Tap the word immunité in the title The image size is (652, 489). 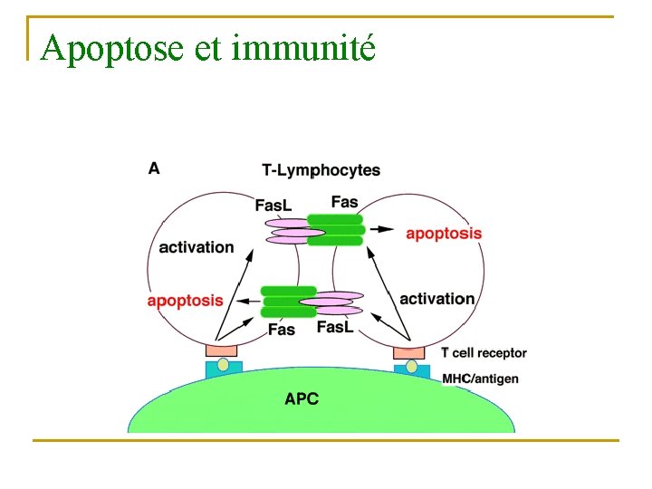(x=303, y=47)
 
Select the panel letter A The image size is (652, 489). (x=154, y=168)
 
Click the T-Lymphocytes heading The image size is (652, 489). (x=321, y=170)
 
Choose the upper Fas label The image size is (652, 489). (x=344, y=202)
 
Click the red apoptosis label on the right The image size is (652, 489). (x=444, y=233)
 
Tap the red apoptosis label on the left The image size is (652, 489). (x=185, y=301)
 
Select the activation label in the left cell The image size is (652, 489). (x=196, y=247)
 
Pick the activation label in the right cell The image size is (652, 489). (x=436, y=299)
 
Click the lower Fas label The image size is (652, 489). (x=282, y=330)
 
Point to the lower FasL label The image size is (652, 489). (x=335, y=327)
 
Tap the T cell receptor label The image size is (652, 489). (x=484, y=353)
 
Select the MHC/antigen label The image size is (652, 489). (x=480, y=378)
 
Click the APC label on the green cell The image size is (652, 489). (x=302, y=398)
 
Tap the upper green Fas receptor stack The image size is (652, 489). (x=335, y=230)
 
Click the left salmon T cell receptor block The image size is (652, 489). (x=221, y=350)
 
